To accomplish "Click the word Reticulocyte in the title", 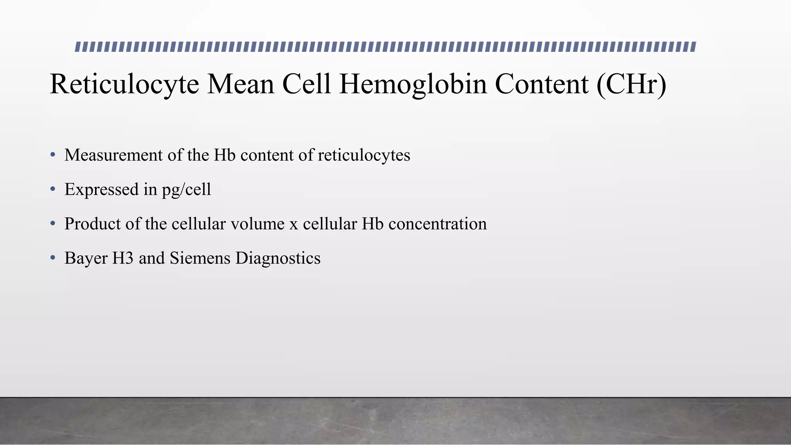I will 124,84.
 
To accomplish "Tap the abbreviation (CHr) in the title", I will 631,84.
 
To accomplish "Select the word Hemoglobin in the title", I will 413,84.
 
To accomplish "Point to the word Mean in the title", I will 241,84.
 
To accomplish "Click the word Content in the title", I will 541,84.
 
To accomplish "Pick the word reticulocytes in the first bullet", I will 364,155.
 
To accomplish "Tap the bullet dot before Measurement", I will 53,155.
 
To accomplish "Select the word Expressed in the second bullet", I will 102,189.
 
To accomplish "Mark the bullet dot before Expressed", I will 53,189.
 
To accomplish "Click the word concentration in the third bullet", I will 438,224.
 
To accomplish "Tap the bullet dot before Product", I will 53,224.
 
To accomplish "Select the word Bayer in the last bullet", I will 86,258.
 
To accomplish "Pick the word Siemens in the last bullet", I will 200,258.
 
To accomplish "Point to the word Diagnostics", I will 278,258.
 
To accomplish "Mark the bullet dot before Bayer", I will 53,258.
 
